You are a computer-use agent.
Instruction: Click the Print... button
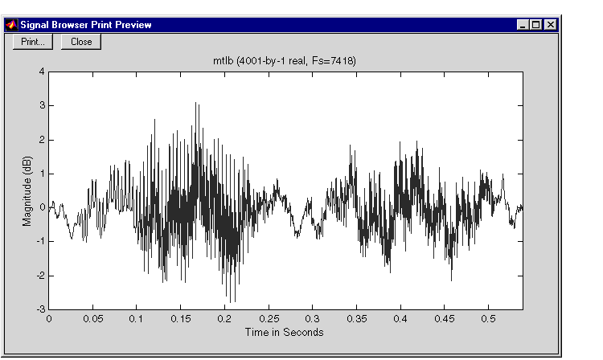33,42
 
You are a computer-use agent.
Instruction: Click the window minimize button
523,25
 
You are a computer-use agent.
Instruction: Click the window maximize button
536,25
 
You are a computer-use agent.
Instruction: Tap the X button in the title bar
550,25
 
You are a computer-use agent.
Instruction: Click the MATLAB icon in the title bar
11,25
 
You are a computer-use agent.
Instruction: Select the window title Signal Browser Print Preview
86,25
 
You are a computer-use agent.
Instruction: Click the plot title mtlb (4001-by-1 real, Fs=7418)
285,61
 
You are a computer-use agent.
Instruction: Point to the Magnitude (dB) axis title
27,191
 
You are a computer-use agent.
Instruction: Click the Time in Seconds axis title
284,332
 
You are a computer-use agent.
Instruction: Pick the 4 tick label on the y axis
42,72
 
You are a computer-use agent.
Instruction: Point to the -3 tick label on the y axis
40,309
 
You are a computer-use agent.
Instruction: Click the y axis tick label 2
42,140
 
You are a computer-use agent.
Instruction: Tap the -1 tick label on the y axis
40,241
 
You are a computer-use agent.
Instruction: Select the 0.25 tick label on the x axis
269,319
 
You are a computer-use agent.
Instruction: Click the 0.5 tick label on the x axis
488,319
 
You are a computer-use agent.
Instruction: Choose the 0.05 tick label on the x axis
93,319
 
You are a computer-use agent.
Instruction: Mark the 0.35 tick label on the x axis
356,319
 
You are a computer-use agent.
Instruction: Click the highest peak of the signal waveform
195,103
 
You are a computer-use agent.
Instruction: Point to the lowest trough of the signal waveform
231,302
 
